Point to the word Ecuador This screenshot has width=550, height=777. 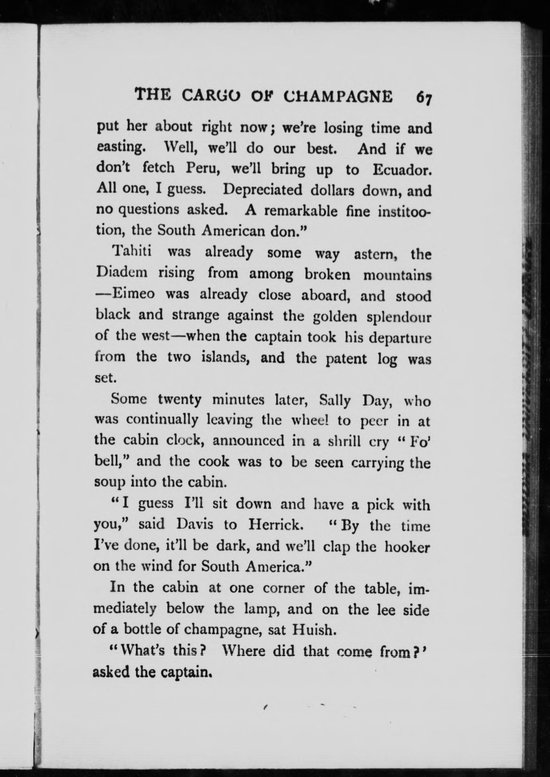402,169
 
